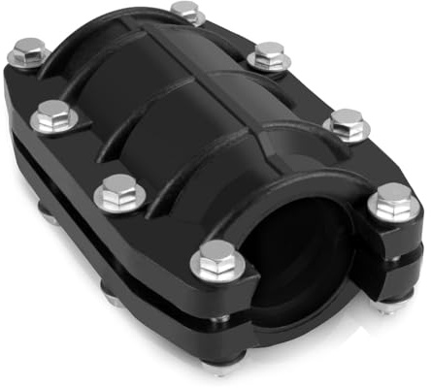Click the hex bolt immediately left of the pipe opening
click(x=217, y=257)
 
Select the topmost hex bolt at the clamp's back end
click(x=184, y=11)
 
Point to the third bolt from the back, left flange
click(x=118, y=190)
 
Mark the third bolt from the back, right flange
click(x=345, y=120)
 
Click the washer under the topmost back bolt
click(x=184, y=19)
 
